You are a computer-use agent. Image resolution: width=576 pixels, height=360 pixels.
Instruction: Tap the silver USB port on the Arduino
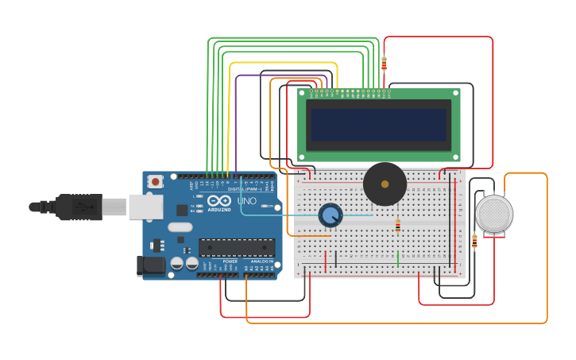point(145,207)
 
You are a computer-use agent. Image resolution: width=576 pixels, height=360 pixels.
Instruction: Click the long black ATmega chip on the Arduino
point(236,248)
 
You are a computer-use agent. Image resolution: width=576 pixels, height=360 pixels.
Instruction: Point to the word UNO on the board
point(246,202)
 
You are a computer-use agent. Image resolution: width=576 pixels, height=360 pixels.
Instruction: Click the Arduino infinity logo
point(219,201)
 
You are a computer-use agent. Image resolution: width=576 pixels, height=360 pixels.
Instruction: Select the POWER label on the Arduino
point(230,261)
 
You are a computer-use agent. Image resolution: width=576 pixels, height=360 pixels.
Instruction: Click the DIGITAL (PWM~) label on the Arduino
point(242,189)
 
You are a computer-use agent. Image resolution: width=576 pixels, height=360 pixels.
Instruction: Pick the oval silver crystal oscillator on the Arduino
point(180,227)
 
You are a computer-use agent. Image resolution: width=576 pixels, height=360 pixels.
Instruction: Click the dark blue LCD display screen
point(377,125)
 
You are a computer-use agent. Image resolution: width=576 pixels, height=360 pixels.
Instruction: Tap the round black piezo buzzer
point(385,184)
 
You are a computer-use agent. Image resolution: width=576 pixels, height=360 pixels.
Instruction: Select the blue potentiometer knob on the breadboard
point(330,215)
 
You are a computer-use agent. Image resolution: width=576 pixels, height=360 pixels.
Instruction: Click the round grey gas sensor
point(493,214)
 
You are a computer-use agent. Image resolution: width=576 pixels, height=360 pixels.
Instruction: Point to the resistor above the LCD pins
point(384,64)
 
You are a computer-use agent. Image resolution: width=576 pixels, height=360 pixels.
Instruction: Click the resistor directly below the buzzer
point(398,226)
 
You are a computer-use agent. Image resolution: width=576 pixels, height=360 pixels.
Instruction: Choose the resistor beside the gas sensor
point(474,241)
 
